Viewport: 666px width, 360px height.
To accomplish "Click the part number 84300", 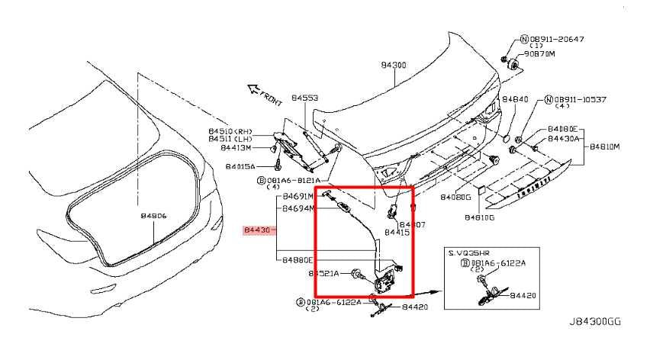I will point(394,66).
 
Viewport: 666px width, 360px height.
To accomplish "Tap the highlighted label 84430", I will point(257,230).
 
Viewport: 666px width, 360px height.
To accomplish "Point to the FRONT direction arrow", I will point(261,95).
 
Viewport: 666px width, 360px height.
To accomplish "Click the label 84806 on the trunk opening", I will point(153,217).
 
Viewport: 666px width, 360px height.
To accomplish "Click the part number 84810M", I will point(603,146).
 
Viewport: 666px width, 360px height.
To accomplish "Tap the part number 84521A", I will point(324,273).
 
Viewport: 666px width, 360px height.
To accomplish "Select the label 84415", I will point(397,233).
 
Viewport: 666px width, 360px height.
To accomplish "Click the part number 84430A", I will point(564,139).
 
